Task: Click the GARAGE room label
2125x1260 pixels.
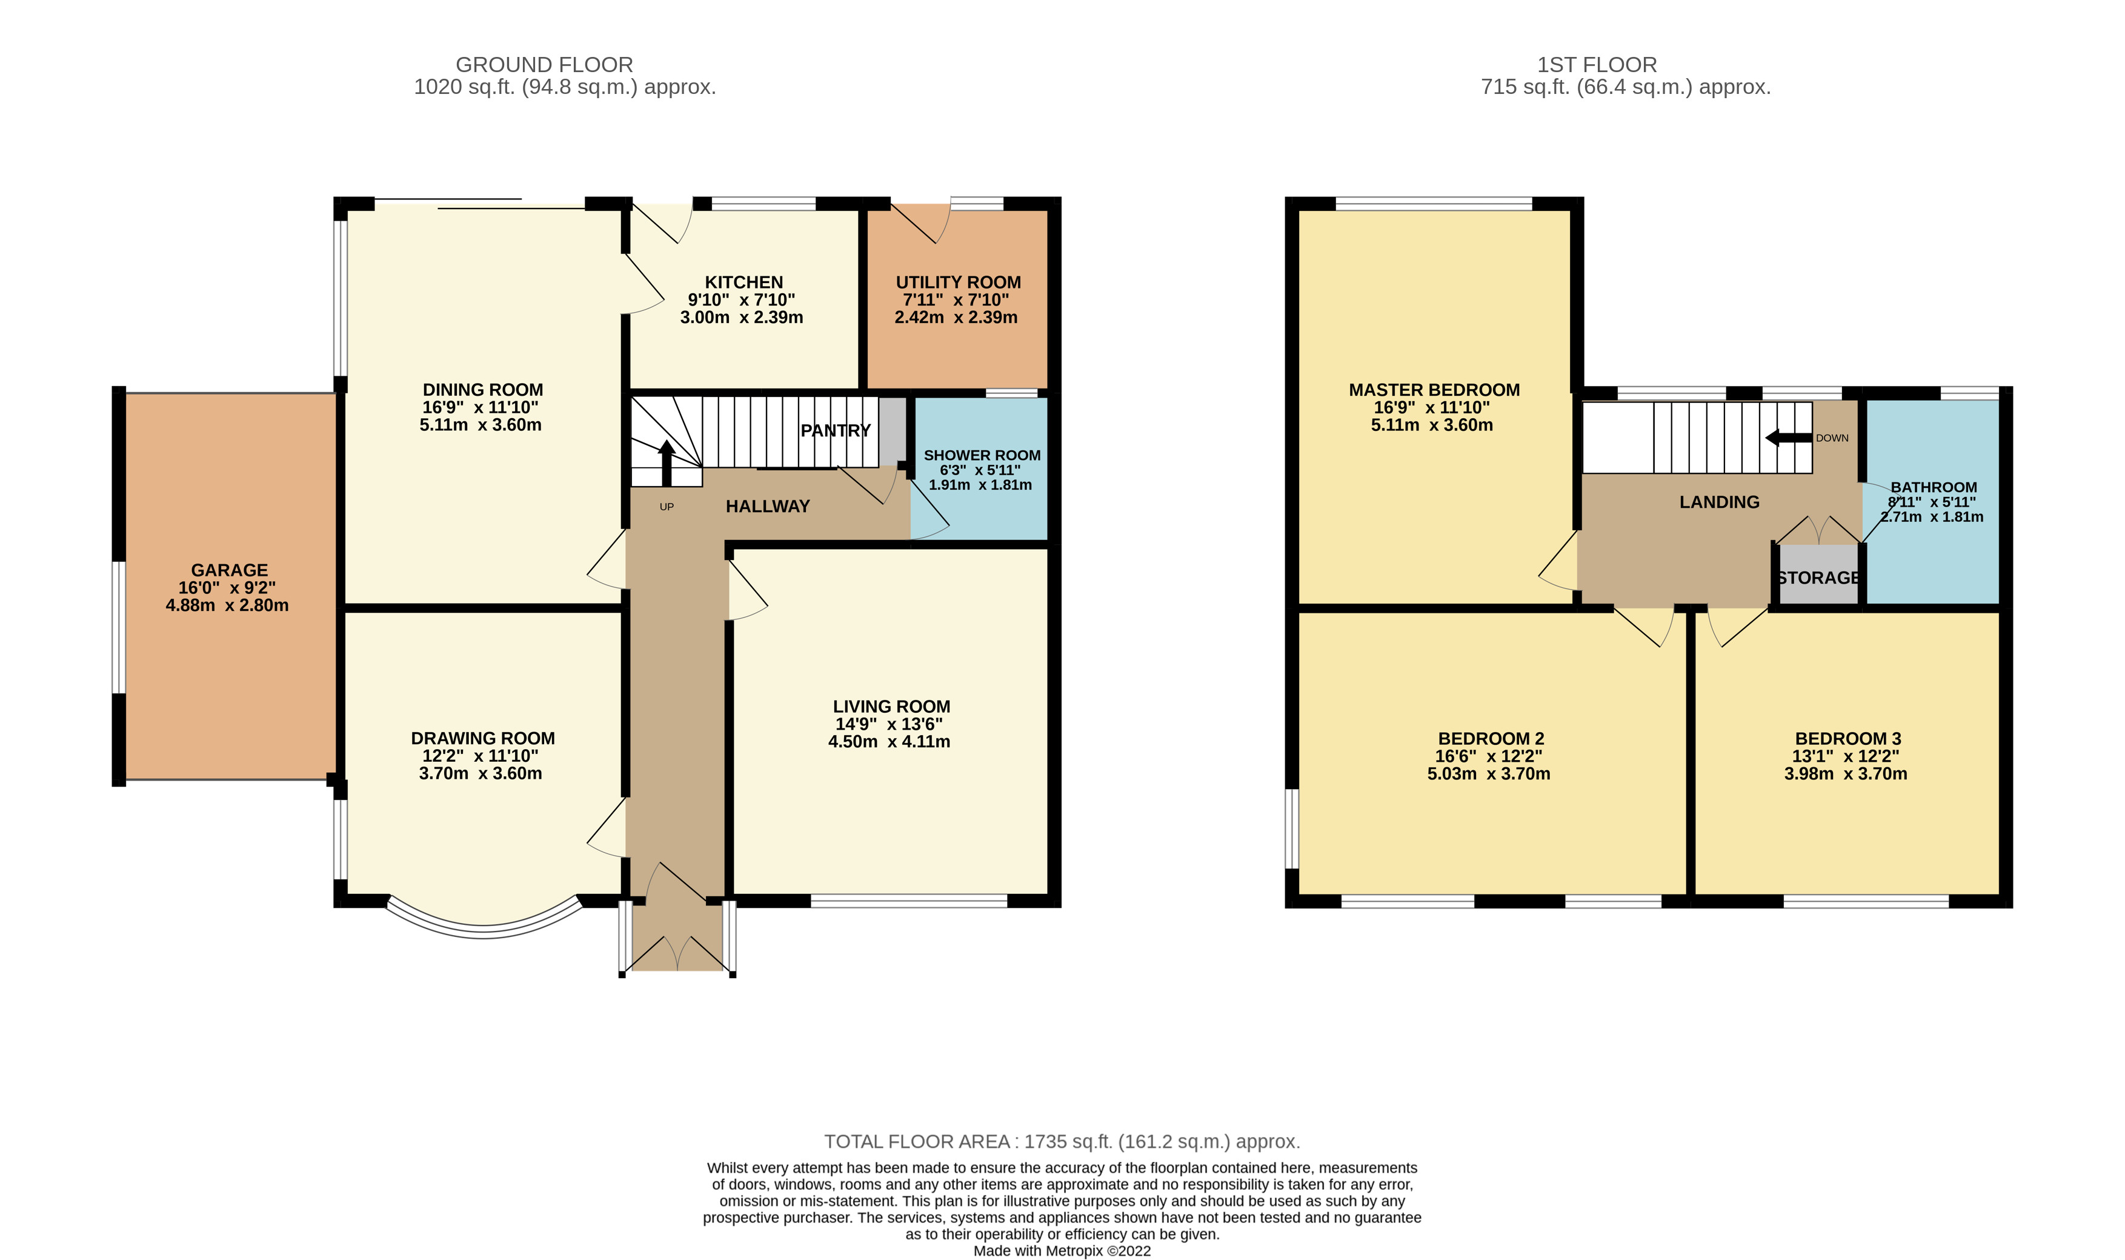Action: coord(229,570)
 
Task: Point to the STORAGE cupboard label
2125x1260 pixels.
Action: coord(1818,578)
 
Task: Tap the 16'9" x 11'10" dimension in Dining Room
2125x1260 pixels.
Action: coord(481,407)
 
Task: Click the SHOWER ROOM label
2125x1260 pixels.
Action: coord(982,456)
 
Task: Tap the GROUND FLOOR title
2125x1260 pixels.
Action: coord(544,64)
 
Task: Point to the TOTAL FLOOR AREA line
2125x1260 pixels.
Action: coord(1062,1141)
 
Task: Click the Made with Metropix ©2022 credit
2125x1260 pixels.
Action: coord(1062,1251)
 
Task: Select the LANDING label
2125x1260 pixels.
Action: coord(1720,502)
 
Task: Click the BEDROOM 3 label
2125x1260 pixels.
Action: coord(1847,739)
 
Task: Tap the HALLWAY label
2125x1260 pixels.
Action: coord(767,507)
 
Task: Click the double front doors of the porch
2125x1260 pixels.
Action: coord(677,955)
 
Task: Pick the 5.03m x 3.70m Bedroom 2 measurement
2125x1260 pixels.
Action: coord(1489,773)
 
